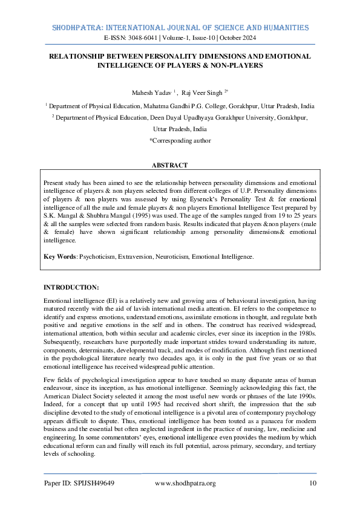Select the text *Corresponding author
coord(180,140)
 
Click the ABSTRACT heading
coord(169,165)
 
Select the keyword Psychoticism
coord(103,257)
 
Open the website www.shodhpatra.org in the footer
coord(185,483)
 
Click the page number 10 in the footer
coord(312,483)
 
